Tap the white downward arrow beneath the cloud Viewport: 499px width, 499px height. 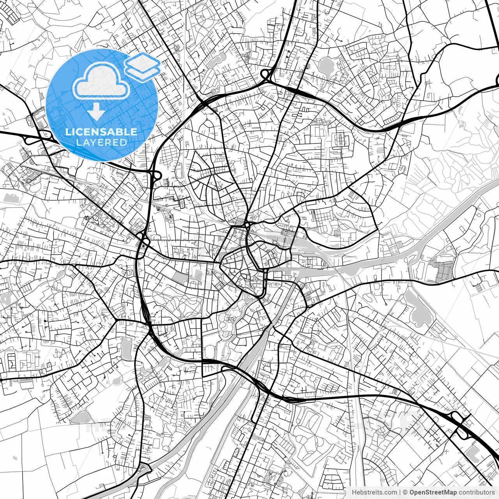point(96,112)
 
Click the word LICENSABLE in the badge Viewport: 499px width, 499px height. point(101,132)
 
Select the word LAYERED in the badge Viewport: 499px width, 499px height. point(101,143)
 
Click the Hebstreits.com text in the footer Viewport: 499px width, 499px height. point(374,492)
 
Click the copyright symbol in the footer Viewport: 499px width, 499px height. point(405,492)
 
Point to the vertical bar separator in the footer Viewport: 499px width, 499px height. point(400,492)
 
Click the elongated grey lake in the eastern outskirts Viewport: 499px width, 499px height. point(416,308)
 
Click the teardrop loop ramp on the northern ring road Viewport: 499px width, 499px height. point(267,74)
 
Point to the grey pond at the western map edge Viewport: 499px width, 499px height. point(9,197)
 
